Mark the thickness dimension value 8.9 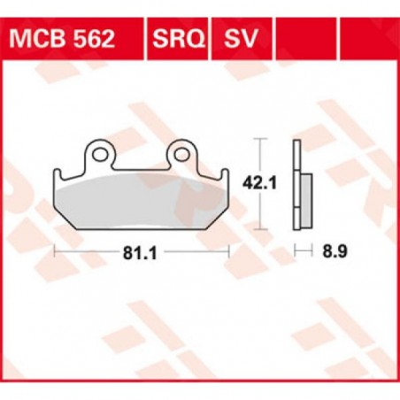(x=334, y=253)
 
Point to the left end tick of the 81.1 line (x=55, y=252)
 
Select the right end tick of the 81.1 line (x=230, y=252)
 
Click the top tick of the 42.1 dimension (x=259, y=140)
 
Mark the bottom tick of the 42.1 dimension (x=259, y=225)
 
